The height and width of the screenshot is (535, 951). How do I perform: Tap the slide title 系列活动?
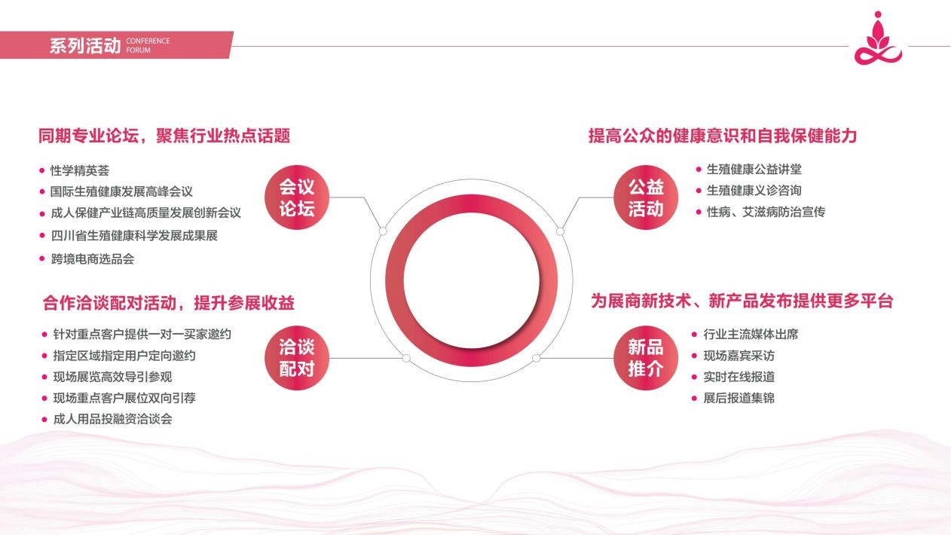[x=85, y=45]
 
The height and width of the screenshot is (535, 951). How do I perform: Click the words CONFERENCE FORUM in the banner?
[x=148, y=45]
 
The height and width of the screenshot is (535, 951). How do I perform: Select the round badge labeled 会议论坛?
[x=297, y=197]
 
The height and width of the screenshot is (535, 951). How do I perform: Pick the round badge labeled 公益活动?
[x=646, y=197]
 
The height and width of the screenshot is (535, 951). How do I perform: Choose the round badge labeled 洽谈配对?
[x=297, y=358]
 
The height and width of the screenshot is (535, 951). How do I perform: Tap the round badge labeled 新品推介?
[x=646, y=358]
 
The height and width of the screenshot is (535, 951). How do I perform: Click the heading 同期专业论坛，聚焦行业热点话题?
[x=164, y=136]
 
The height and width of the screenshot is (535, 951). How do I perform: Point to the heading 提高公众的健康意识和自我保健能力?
[x=723, y=136]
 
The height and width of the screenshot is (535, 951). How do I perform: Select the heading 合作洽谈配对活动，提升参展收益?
[x=169, y=303]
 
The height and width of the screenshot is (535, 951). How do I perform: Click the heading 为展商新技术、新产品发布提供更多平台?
[x=742, y=301]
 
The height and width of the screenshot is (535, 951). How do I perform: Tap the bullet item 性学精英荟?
[x=80, y=171]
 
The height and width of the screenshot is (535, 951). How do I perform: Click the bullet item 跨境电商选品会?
[x=93, y=259]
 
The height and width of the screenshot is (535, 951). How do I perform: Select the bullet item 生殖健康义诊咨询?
[x=754, y=191]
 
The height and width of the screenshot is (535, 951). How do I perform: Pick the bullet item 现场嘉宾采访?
[x=739, y=356]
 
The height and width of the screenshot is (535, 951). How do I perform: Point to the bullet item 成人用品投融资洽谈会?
[x=112, y=419]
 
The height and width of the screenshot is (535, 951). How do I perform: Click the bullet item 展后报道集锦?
[x=739, y=398]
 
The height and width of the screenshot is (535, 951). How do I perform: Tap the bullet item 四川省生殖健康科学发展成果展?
[x=134, y=236]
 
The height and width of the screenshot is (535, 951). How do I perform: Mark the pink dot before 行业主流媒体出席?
[x=694, y=335]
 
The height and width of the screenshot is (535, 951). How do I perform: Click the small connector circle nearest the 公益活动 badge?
[x=561, y=231]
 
